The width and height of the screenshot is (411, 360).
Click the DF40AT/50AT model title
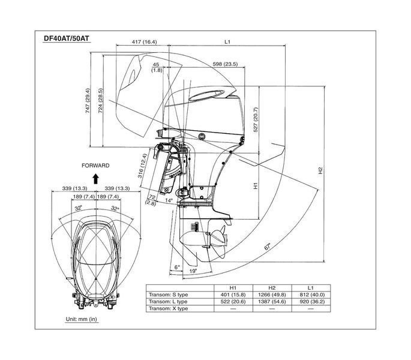tap(67, 38)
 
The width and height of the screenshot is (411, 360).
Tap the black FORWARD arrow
tap(95, 179)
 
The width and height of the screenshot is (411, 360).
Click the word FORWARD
tap(95, 166)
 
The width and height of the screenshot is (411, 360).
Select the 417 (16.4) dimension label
tap(144, 41)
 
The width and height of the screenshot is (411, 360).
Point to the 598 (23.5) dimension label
tap(225, 64)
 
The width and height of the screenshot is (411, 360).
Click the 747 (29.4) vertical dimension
tap(88, 101)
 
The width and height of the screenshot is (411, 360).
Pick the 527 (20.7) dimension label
tap(256, 119)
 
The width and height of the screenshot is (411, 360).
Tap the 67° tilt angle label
tap(268, 247)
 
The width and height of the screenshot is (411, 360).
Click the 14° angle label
tap(169, 200)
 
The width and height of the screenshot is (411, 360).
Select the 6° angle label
tap(178, 267)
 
